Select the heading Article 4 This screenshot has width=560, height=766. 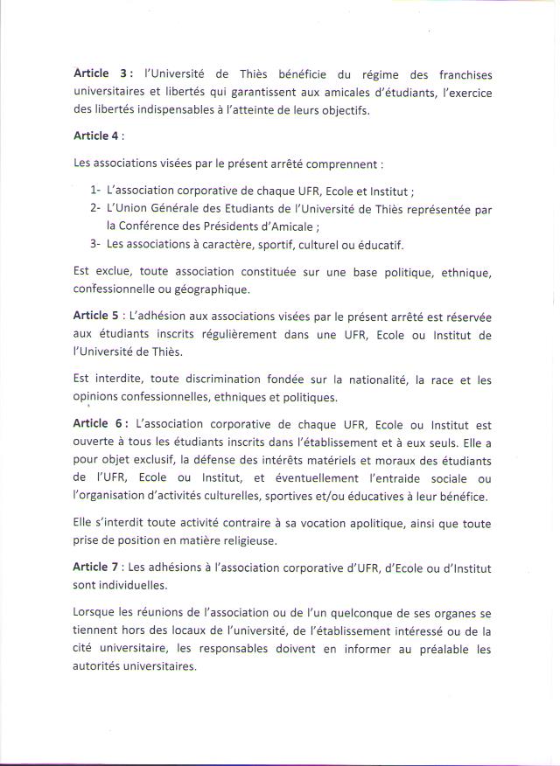pos(97,136)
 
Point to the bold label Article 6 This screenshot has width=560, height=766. pos(98,423)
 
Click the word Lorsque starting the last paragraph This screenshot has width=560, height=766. pos(97,613)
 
